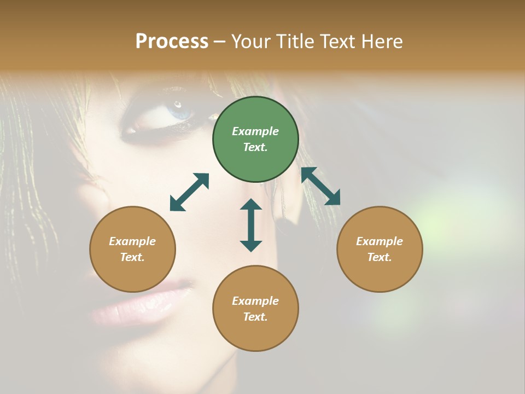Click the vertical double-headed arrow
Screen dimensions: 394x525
[x=251, y=225]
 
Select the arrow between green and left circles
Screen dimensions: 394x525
[x=189, y=192]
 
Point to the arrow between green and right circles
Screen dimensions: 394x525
[x=320, y=186]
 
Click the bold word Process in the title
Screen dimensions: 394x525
[x=172, y=41]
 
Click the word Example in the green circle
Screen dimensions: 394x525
[x=255, y=131]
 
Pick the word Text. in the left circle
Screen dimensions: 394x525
[x=132, y=257]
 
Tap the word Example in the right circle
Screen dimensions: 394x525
[x=380, y=241]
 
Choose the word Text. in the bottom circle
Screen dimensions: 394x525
[x=255, y=317]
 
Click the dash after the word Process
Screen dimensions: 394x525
[x=220, y=42]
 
